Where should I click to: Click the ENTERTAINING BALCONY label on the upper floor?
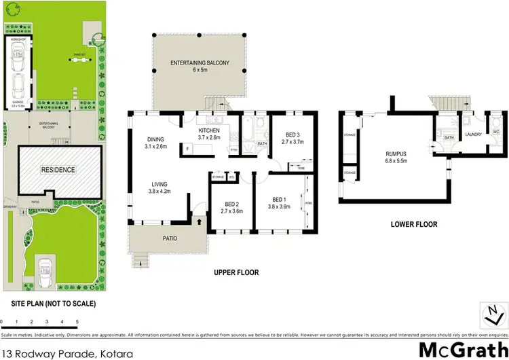[x=200, y=67]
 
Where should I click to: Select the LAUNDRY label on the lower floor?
[x=473, y=134]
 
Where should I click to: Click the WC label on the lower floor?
[x=497, y=131]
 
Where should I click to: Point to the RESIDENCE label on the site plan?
[x=58, y=170]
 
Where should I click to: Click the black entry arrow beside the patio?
[x=199, y=221]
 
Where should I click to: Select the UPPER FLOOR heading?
[x=236, y=272]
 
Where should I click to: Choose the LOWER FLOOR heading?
[x=414, y=223]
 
